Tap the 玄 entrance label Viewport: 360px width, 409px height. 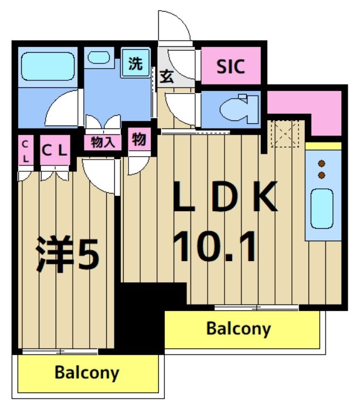(x=165, y=76)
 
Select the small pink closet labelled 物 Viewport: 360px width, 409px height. (x=139, y=140)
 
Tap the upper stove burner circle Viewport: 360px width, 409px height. (x=321, y=164)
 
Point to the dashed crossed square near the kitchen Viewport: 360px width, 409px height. (x=284, y=134)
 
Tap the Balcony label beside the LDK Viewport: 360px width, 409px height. (x=239, y=329)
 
